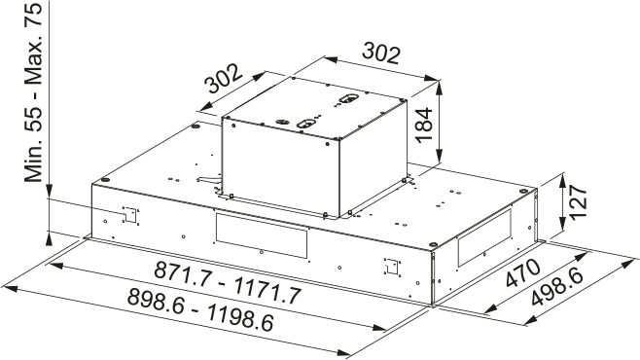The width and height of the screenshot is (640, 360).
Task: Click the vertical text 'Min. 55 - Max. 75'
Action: point(35,91)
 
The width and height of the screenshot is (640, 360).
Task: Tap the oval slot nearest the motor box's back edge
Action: point(346,99)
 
